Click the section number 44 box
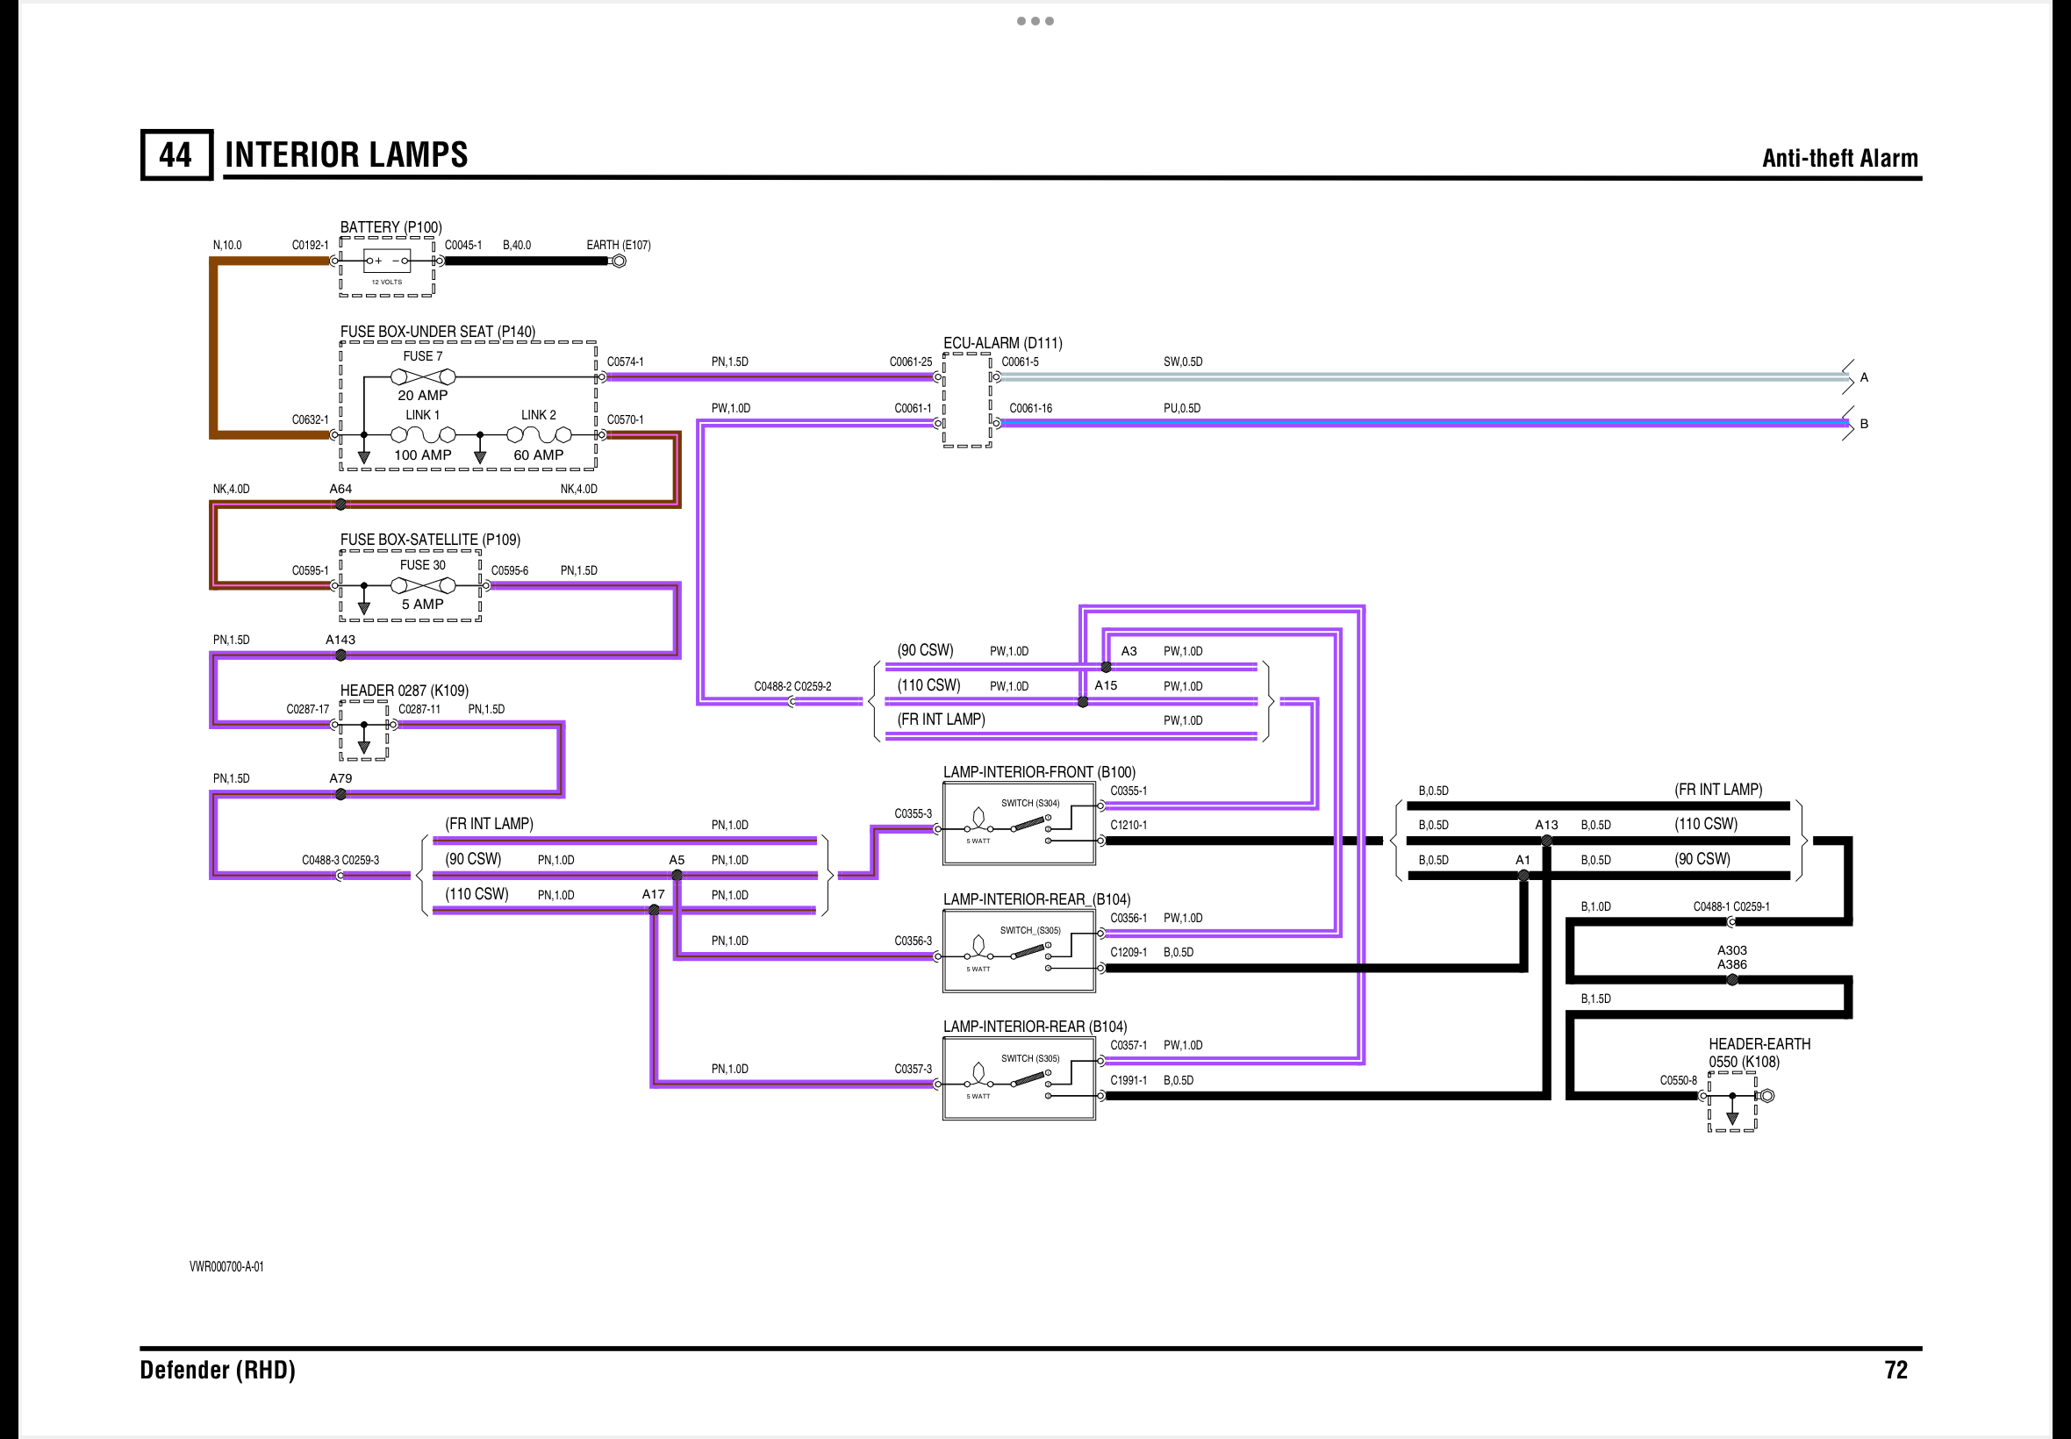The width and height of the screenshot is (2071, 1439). (x=176, y=155)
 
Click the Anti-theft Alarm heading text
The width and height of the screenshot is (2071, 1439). (x=1839, y=158)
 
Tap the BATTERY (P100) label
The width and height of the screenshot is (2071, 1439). (x=391, y=227)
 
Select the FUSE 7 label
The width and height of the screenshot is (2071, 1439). (x=422, y=356)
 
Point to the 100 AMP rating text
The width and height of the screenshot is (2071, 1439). (x=422, y=455)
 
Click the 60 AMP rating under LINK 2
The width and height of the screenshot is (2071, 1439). (x=538, y=455)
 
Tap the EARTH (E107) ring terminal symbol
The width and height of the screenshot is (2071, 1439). (x=619, y=261)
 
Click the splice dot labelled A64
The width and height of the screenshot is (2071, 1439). (x=340, y=505)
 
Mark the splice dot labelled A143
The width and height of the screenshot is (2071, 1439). (x=340, y=655)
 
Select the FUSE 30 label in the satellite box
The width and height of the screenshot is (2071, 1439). (x=422, y=565)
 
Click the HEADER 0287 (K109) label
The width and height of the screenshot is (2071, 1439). (x=404, y=691)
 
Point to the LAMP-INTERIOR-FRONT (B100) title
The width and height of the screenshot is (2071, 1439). (x=1039, y=773)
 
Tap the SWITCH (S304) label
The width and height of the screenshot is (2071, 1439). (x=1029, y=804)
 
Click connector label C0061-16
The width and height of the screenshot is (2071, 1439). (x=1030, y=408)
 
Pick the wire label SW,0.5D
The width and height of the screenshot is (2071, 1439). (x=1182, y=362)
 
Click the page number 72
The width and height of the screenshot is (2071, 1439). (x=1896, y=1371)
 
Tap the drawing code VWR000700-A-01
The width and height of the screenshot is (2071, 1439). (x=226, y=1267)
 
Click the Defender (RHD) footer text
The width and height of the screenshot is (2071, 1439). (x=218, y=1371)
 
